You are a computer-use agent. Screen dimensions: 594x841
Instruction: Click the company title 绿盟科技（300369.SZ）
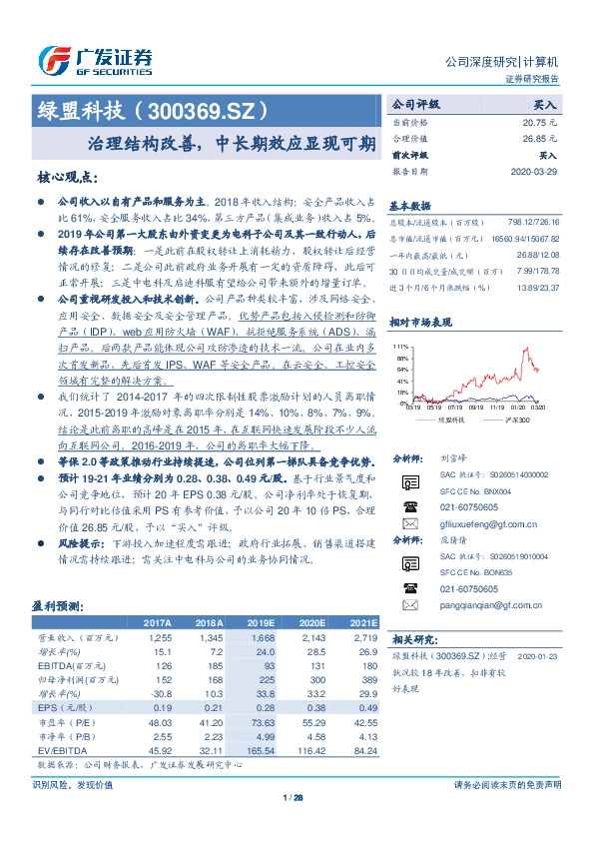(153, 108)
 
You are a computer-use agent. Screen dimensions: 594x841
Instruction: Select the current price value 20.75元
(538, 121)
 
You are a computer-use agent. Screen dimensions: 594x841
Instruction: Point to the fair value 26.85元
(538, 138)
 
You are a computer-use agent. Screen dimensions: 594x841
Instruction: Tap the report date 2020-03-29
(535, 171)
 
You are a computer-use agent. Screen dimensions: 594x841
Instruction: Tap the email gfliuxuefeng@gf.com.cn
(489, 522)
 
